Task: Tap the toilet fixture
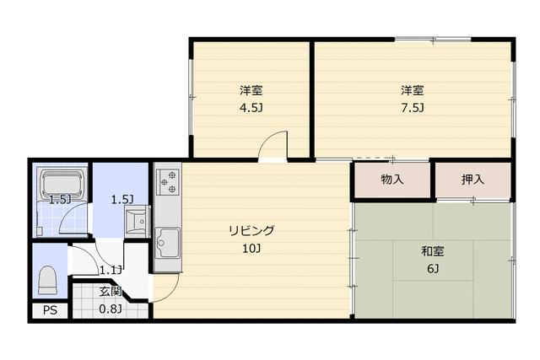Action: [x=47, y=280]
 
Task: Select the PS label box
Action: [x=51, y=310]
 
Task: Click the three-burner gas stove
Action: [x=168, y=182]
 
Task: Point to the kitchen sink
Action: [x=168, y=243]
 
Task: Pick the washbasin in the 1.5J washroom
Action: [x=137, y=221]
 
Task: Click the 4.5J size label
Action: [x=251, y=108]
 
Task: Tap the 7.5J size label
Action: [x=412, y=108]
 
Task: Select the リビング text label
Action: [x=251, y=230]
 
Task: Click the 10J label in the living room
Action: [x=251, y=248]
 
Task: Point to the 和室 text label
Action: [x=433, y=251]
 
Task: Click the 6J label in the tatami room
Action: [x=433, y=268]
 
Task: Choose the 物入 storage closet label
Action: [x=392, y=180]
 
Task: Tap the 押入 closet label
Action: [x=472, y=180]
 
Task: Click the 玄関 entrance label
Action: [x=111, y=292]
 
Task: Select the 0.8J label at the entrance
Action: [x=111, y=309]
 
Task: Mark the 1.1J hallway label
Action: [x=111, y=270]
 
